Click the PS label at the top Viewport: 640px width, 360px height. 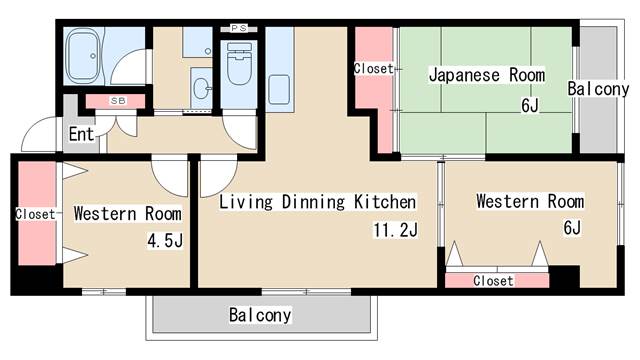(238, 28)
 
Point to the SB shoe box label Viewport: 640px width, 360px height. (117, 102)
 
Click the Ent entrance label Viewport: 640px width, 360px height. (82, 134)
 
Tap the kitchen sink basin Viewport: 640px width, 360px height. (279, 85)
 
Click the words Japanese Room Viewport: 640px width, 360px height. (487, 74)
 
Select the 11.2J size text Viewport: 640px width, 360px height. (394, 230)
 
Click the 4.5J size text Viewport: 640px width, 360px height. (164, 240)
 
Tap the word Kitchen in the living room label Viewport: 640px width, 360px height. (384, 203)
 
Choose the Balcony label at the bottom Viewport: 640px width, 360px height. (260, 316)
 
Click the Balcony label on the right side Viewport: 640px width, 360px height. (598, 89)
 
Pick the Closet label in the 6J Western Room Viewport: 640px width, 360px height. (493, 281)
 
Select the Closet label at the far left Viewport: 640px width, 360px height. (35, 214)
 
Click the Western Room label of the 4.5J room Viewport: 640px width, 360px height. (128, 214)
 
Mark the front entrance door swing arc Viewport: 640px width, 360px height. (40, 135)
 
